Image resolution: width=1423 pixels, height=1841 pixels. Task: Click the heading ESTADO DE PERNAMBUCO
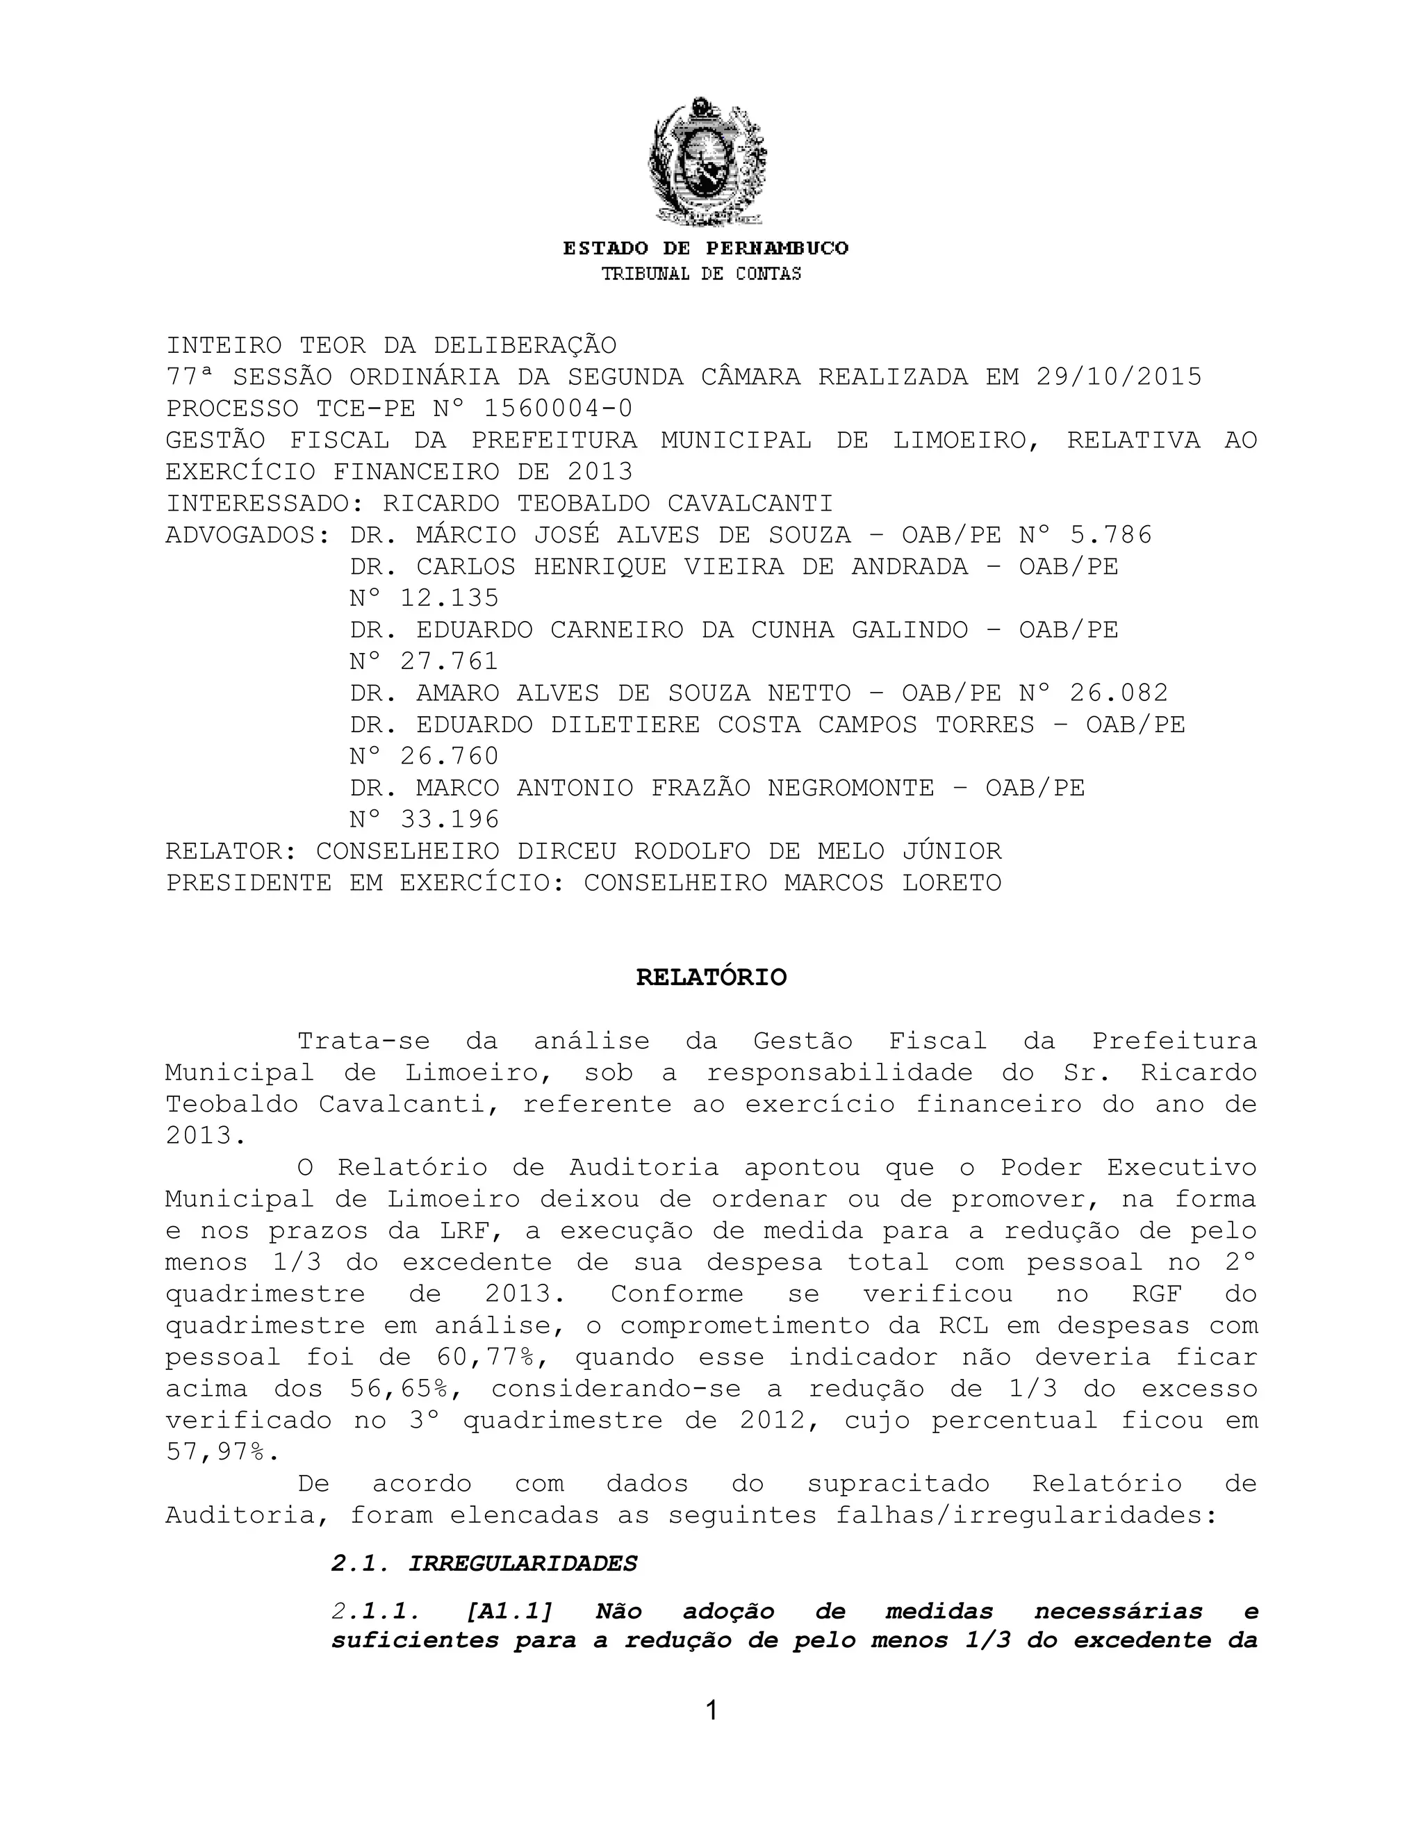coord(707,249)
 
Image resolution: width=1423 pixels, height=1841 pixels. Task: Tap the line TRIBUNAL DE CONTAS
coord(701,274)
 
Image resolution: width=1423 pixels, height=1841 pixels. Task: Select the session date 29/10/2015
coord(1119,377)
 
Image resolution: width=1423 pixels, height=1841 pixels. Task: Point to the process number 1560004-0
coord(557,408)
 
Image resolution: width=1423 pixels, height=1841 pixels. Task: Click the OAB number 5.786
coord(1110,535)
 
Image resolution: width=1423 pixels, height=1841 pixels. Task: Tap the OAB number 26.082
coord(1119,693)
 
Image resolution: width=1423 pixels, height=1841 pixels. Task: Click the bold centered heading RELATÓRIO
coord(711,978)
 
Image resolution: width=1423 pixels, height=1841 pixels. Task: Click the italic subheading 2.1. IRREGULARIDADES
coord(484,1564)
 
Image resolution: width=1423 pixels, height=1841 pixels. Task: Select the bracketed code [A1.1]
coord(509,1612)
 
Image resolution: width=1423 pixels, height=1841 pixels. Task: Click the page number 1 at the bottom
coord(711,1710)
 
